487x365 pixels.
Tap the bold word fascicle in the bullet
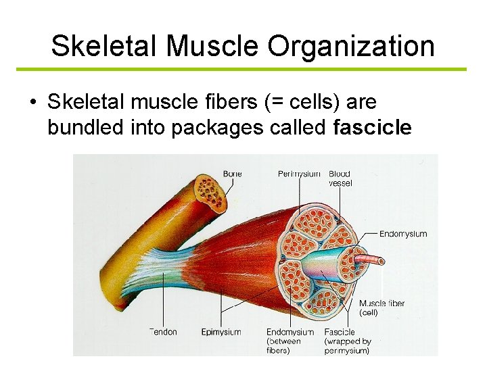click(x=372, y=127)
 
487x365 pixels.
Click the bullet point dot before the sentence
click(x=32, y=103)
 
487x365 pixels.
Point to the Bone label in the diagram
click(x=232, y=174)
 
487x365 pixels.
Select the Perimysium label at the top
click(x=299, y=174)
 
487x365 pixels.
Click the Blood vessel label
click(x=340, y=178)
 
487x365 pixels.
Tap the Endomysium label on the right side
click(x=403, y=234)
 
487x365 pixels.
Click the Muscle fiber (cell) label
click(x=381, y=308)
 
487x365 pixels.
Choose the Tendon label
click(x=163, y=332)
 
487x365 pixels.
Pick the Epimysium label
click(x=221, y=332)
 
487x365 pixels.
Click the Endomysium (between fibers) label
click(x=289, y=341)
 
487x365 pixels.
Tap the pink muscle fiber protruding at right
click(x=369, y=260)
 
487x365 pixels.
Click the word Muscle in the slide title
click(x=213, y=46)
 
